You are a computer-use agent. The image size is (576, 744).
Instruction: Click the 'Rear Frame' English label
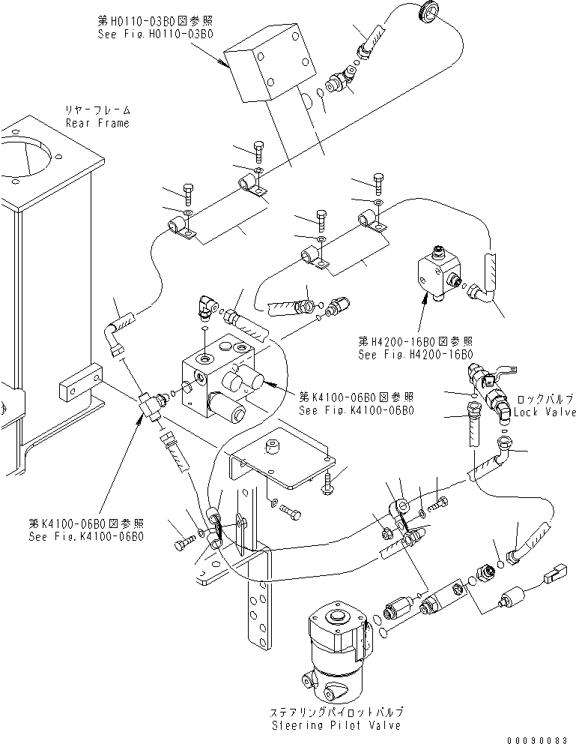tap(97, 123)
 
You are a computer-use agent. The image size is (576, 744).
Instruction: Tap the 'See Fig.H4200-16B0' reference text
tap(417, 355)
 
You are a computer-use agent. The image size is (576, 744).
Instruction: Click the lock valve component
tap(491, 390)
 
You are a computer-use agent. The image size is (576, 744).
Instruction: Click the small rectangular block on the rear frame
tap(79, 385)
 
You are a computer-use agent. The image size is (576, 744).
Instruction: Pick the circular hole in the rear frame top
tap(28, 157)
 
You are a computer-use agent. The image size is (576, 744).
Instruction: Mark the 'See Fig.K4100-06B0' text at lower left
tap(86, 536)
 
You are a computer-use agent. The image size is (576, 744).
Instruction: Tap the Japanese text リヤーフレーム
tap(97, 110)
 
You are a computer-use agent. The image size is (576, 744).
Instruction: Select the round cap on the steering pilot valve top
tap(335, 619)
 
